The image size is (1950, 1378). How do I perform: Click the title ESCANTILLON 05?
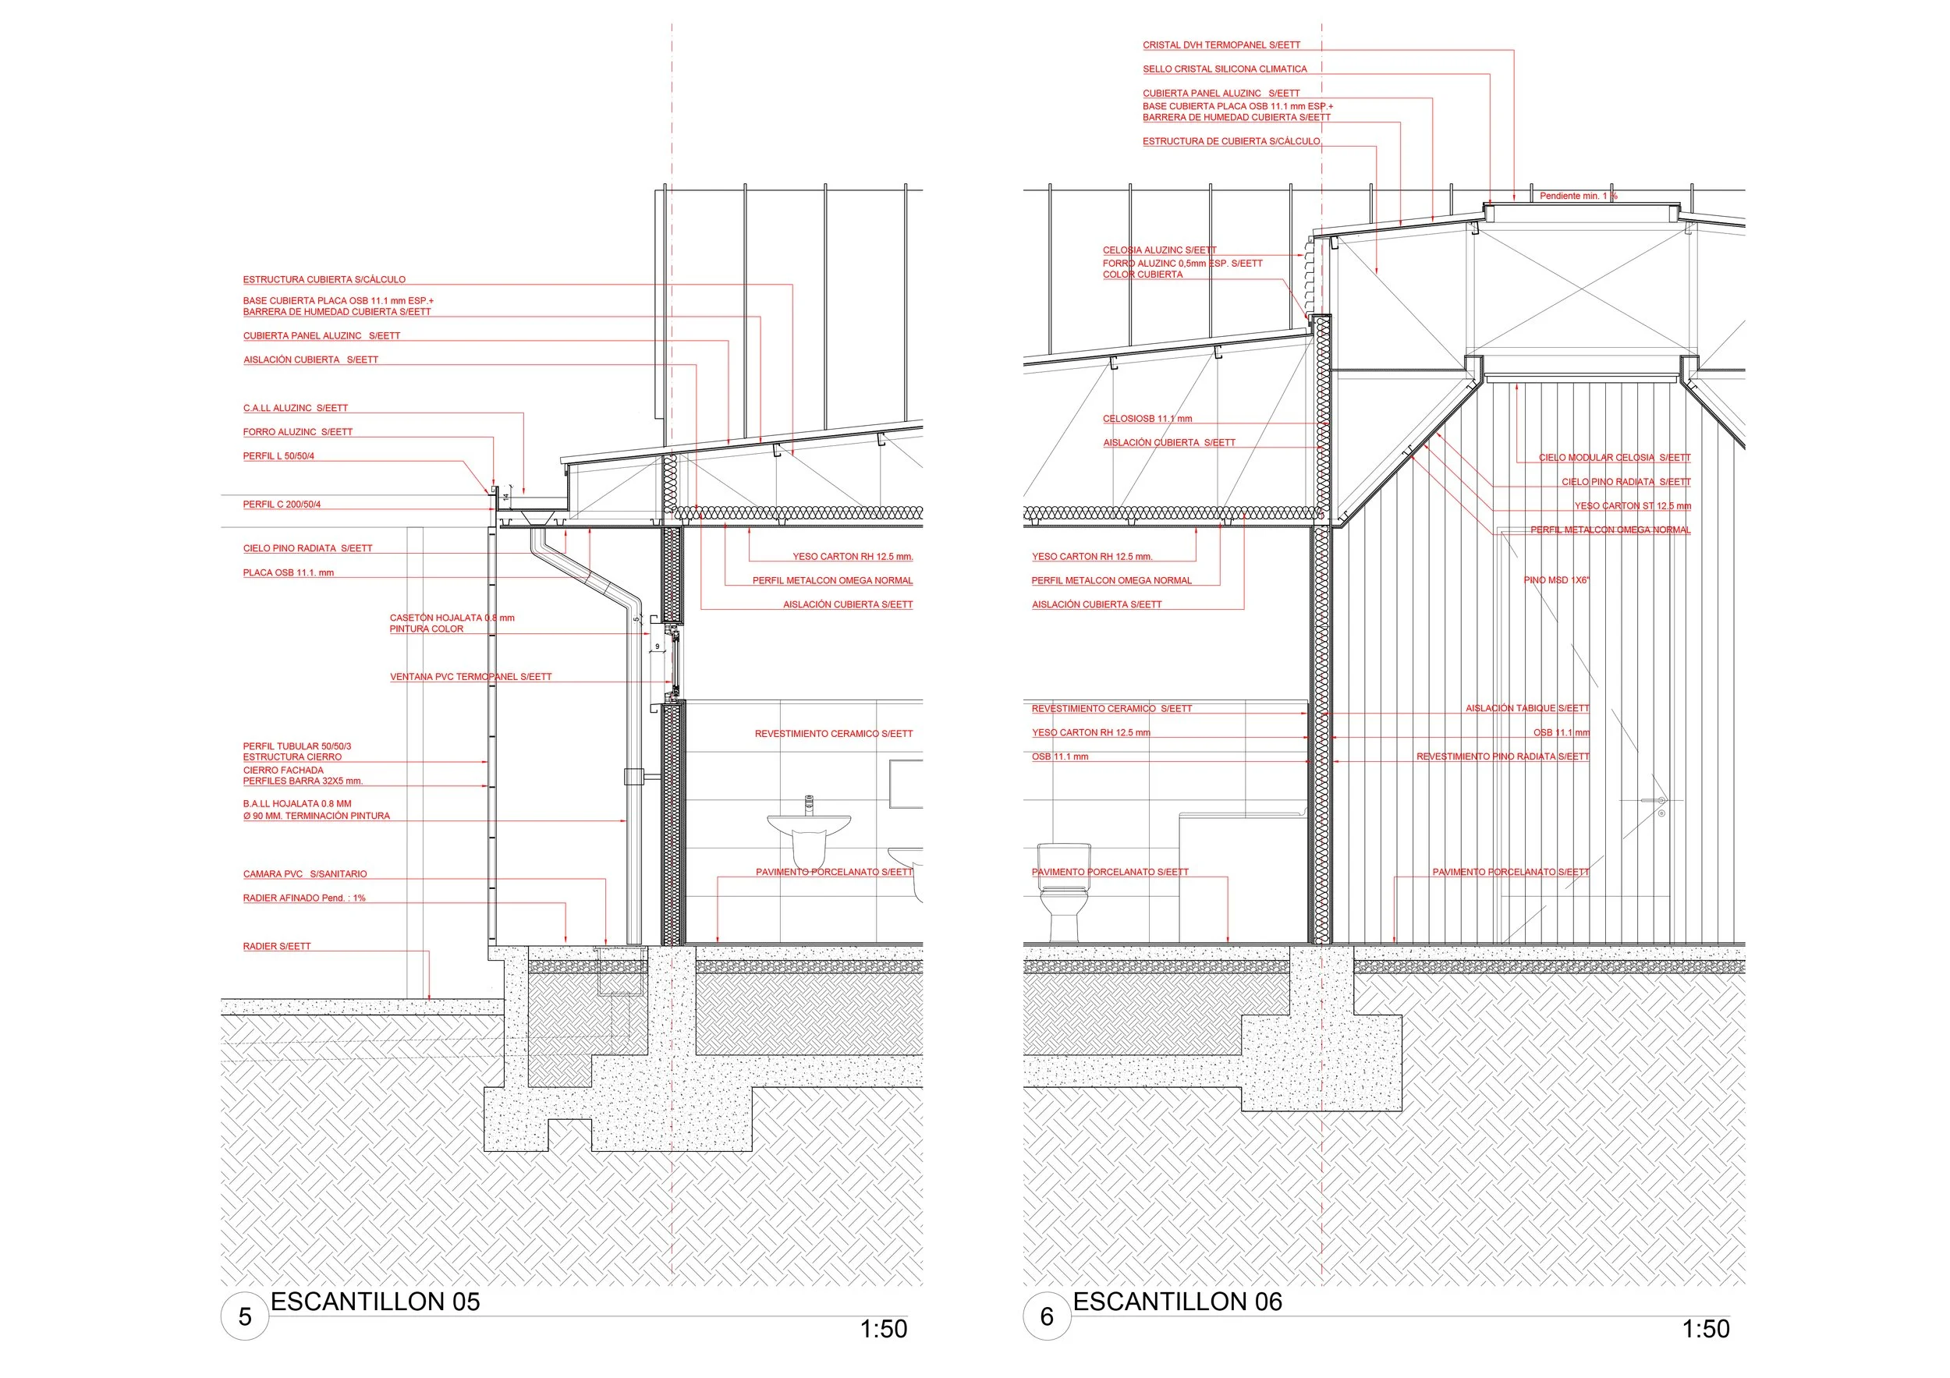coord(374,1302)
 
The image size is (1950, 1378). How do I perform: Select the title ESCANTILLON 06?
coord(1177,1302)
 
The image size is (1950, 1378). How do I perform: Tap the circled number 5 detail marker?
coord(245,1317)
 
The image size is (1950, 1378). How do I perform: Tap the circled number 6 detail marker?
coord(1048,1317)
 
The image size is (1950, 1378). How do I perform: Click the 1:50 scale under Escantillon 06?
coord(1705,1330)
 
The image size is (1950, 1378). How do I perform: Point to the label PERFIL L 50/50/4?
coord(278,456)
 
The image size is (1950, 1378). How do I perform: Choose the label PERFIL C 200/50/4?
coord(282,505)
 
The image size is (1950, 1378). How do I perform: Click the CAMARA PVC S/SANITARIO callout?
coord(305,873)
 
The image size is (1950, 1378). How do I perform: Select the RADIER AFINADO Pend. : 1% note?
coord(304,898)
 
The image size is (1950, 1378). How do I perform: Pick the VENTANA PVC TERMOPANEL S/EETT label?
coord(470,677)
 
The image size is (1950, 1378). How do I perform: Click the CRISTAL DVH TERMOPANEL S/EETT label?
coord(1221,45)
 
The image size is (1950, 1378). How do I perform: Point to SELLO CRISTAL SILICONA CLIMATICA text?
coord(1225,69)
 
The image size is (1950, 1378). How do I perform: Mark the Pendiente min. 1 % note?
coord(1579,196)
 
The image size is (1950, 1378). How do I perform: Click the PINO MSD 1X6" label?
coord(1557,580)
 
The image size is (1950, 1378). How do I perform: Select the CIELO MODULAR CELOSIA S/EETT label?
coord(1615,458)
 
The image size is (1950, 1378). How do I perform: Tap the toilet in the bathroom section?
coord(1063,892)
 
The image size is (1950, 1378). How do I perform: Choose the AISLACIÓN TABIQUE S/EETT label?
coord(1527,708)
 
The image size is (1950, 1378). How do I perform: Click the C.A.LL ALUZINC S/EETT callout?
coord(296,408)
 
